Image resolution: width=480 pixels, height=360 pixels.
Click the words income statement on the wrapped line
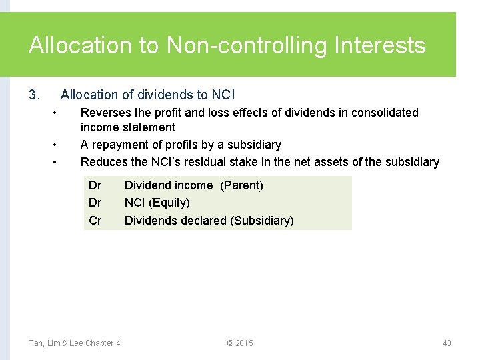tap(127, 127)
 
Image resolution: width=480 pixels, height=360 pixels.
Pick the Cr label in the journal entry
tap(95, 221)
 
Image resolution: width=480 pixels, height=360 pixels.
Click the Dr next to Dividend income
tap(95, 185)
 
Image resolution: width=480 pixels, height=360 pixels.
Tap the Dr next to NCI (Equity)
tap(95, 203)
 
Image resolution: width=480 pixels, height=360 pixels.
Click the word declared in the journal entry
tap(203, 221)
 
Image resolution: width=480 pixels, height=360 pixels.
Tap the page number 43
tap(447, 343)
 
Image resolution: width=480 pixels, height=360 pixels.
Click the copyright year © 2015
tap(240, 343)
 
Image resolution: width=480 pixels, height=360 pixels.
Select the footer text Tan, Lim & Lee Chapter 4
tap(75, 343)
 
